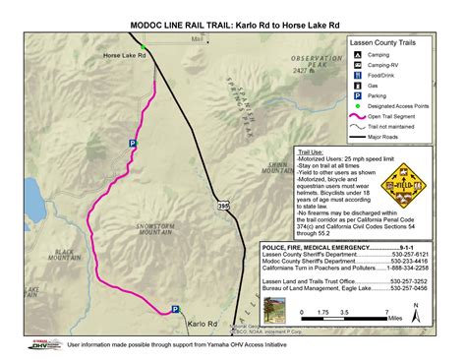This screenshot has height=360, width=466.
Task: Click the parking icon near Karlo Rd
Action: tap(176, 308)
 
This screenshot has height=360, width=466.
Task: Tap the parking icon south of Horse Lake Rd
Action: tap(132, 144)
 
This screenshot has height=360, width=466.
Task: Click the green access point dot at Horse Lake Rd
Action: tap(144, 46)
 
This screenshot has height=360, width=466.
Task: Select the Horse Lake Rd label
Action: tap(124, 56)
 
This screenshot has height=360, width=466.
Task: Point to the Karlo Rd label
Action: tap(202, 323)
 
